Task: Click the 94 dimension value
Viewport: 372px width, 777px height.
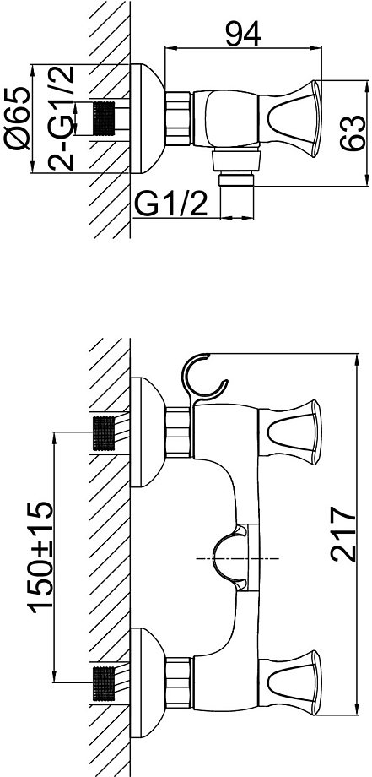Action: point(243,34)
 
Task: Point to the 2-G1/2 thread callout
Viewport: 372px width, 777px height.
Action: point(62,118)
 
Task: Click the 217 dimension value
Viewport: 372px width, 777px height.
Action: point(343,534)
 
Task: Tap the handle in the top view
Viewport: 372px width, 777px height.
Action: point(290,119)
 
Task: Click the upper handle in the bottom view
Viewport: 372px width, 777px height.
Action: point(290,432)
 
